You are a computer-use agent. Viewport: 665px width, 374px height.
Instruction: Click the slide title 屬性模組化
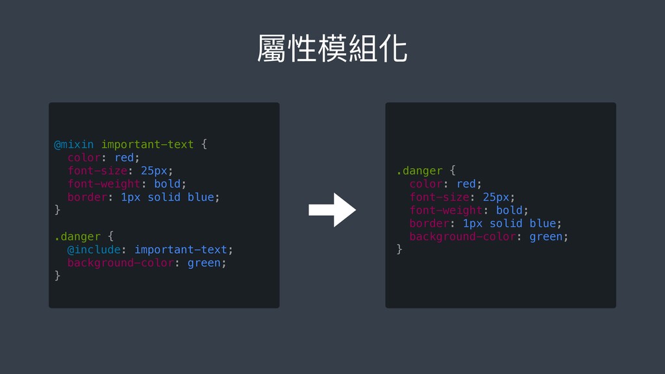pyautogui.click(x=332, y=50)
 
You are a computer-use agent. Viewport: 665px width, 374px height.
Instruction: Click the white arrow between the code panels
pyautogui.click(x=332, y=209)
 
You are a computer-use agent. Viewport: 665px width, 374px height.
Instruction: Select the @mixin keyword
pyautogui.click(x=73, y=144)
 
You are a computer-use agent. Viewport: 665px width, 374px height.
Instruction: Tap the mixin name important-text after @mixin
pyautogui.click(x=147, y=144)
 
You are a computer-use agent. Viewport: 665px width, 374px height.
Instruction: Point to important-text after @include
pyautogui.click(x=181, y=249)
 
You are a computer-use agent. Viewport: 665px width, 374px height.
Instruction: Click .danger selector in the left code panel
pyautogui.click(x=77, y=236)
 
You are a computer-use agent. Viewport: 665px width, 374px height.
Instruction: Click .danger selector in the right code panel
pyautogui.click(x=419, y=171)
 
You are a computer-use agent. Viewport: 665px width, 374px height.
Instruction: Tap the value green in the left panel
pyautogui.click(x=204, y=263)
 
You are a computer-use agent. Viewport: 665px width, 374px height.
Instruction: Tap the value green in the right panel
pyautogui.click(x=546, y=236)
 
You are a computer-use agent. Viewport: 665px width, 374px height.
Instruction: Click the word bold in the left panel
pyautogui.click(x=168, y=184)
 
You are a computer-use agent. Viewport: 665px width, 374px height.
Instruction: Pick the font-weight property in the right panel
pyautogui.click(x=445, y=210)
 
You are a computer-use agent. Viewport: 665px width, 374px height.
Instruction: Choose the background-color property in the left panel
pyautogui.click(x=120, y=263)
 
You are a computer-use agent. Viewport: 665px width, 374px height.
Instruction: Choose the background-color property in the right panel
pyautogui.click(x=462, y=236)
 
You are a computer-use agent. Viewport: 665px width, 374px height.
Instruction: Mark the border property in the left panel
pyautogui.click(x=87, y=197)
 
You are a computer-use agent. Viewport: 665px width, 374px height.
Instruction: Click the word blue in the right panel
pyautogui.click(x=543, y=223)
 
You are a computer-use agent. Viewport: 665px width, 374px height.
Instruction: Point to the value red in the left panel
pyautogui.click(x=124, y=157)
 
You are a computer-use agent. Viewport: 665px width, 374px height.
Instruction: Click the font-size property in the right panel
pyautogui.click(x=438, y=197)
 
